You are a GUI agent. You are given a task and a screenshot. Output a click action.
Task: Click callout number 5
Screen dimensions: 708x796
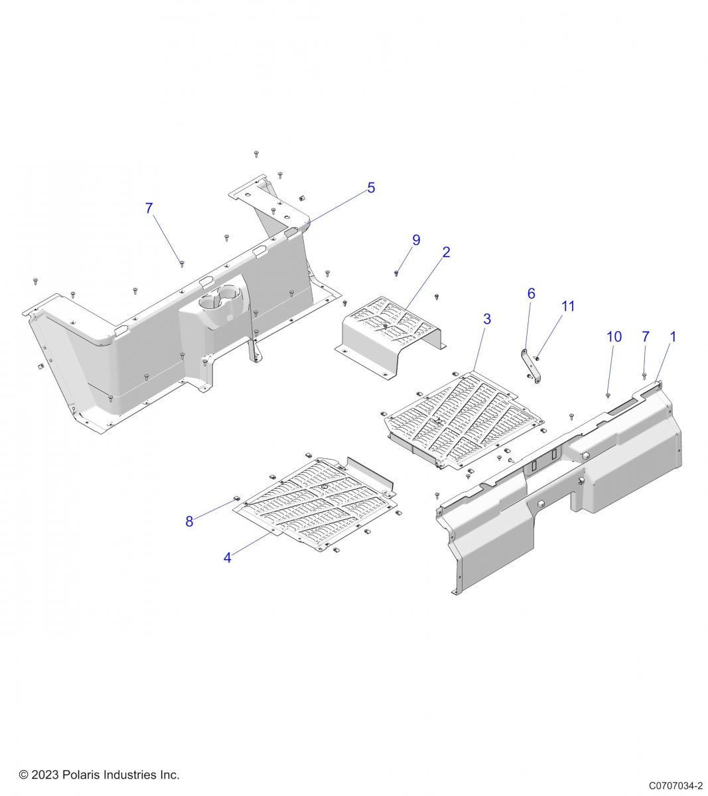[x=371, y=188]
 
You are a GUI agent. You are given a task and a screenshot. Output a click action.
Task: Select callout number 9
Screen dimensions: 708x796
[x=416, y=240]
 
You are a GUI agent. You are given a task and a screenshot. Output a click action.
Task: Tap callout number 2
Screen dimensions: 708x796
[x=446, y=252]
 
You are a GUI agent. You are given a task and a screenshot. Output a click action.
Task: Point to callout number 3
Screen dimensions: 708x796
[x=486, y=319]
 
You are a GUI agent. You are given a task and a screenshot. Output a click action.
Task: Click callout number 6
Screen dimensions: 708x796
[x=531, y=293]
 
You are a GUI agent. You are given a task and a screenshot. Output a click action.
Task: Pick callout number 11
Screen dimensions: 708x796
[x=567, y=306]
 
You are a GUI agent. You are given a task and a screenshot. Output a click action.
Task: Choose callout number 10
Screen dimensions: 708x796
[x=614, y=337]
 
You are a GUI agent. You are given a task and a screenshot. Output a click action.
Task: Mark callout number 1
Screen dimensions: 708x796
[x=673, y=337]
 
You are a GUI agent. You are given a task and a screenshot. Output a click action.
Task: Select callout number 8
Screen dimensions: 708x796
[x=189, y=521]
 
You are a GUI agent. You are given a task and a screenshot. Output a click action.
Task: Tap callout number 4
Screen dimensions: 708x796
[x=227, y=557]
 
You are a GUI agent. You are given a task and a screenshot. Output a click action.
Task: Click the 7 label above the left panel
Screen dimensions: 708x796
[x=149, y=208]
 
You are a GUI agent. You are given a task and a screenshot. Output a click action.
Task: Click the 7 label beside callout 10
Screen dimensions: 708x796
[x=645, y=337]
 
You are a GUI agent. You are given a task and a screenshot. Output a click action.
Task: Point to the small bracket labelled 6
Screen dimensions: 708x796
[x=531, y=366]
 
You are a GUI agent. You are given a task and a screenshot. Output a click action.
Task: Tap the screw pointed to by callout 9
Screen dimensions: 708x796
[x=396, y=273]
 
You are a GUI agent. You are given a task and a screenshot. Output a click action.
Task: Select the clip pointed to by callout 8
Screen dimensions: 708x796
[x=236, y=499]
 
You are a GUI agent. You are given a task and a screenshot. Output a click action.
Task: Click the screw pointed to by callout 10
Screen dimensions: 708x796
[x=608, y=395]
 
